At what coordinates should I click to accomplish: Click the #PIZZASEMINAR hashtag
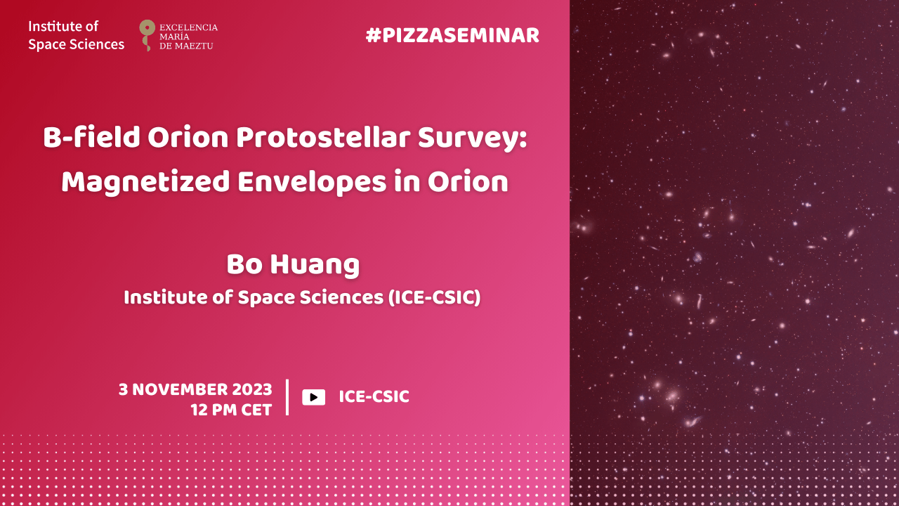452,36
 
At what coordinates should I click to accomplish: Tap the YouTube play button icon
313,397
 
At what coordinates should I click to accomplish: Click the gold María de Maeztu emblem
147,35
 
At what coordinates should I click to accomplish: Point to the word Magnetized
145,183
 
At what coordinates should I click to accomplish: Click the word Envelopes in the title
311,183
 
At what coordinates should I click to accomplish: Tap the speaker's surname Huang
315,266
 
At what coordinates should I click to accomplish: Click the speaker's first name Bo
244,265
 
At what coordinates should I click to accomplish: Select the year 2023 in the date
252,389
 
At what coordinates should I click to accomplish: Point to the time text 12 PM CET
231,410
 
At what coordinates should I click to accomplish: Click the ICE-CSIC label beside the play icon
374,397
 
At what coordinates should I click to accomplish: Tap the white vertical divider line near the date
287,397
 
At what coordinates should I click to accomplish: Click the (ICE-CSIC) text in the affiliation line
434,297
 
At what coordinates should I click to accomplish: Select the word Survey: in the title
472,138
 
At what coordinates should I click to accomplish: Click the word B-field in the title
91,137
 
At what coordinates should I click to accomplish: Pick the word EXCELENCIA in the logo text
189,27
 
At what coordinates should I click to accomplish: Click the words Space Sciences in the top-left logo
77,44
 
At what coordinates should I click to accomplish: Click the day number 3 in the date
123,389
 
